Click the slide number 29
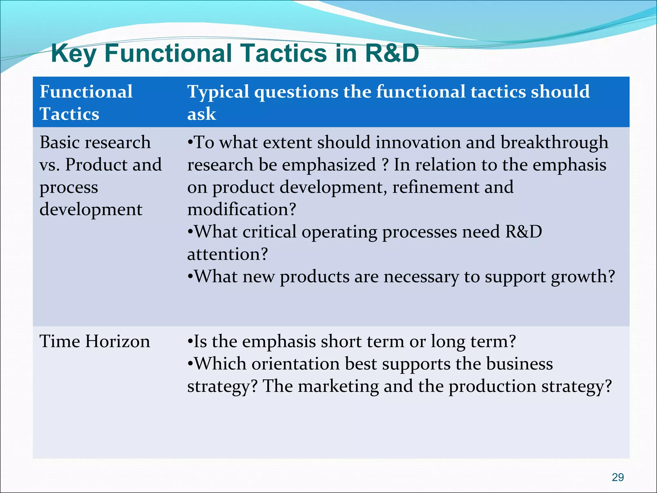[x=618, y=477]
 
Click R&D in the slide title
[x=392, y=53]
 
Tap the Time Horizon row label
[x=95, y=341]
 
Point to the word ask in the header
[x=201, y=114]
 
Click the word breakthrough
[x=554, y=143]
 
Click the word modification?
[x=242, y=210]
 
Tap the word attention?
[x=227, y=254]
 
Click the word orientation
[x=295, y=364]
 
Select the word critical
[x=269, y=232]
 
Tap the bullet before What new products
[x=190, y=277]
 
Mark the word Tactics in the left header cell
[x=69, y=114]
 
